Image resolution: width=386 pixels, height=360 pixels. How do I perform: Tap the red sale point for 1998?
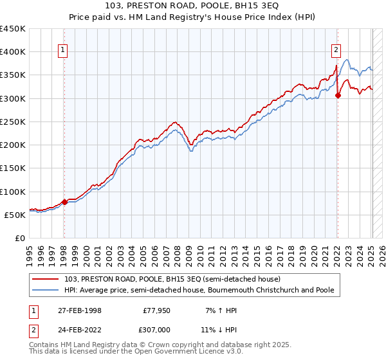click(x=64, y=202)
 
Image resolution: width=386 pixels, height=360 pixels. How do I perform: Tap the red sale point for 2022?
click(x=338, y=96)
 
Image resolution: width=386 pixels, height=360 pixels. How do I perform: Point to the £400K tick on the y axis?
click(x=13, y=52)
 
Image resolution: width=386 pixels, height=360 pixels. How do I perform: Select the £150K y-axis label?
click(x=13, y=168)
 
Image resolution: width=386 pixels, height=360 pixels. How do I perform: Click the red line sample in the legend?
click(x=46, y=279)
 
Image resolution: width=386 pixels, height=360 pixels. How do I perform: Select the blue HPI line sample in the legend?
click(x=46, y=290)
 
